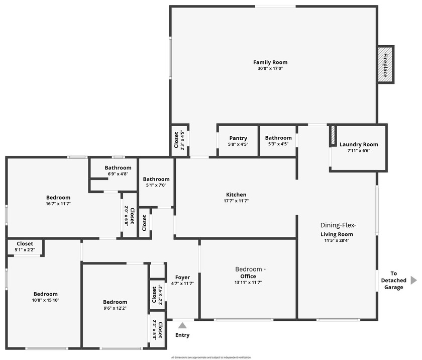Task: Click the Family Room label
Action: [270, 62]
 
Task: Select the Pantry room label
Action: [238, 138]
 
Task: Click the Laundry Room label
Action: [359, 145]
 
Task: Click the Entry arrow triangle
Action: [182, 326]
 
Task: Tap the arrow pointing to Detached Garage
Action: [413, 280]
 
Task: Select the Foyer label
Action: [182, 278]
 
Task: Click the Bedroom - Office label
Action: [248, 273]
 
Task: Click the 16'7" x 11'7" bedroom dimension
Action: [58, 204]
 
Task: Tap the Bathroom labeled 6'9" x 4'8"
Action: [118, 168]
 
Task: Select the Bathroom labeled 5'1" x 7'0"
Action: [156, 179]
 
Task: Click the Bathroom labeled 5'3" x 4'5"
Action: [278, 138]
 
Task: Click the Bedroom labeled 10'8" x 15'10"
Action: [46, 294]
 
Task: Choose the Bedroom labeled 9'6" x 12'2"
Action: [115, 302]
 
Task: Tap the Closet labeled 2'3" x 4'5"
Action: [176, 140]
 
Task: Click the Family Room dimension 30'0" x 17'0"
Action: [270, 68]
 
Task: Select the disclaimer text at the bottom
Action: [211, 357]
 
